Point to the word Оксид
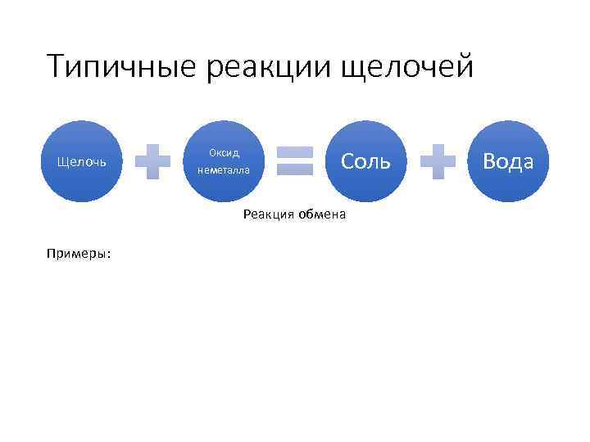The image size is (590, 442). (224, 153)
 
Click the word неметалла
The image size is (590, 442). (224, 170)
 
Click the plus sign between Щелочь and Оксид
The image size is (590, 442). (152, 161)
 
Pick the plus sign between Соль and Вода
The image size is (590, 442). (437, 161)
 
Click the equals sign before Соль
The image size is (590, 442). (294, 161)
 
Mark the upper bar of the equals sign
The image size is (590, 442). (294, 152)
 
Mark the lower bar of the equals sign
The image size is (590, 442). (294, 169)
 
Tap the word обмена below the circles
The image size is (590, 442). (323, 214)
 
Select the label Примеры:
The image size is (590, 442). (79, 254)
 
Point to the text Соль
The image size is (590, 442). (365, 161)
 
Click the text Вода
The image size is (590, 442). (508, 161)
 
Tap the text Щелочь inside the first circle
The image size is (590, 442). (81, 162)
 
